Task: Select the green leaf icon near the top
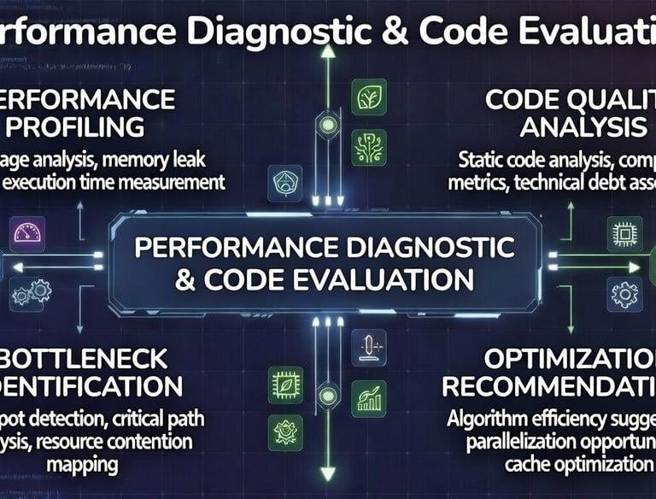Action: click(x=368, y=96)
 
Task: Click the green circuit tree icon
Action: click(x=368, y=146)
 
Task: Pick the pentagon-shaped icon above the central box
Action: click(x=285, y=181)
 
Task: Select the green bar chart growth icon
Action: click(x=369, y=398)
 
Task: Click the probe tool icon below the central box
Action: click(x=369, y=349)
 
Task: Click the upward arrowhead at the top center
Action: click(x=325, y=51)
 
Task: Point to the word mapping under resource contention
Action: click(x=85, y=466)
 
